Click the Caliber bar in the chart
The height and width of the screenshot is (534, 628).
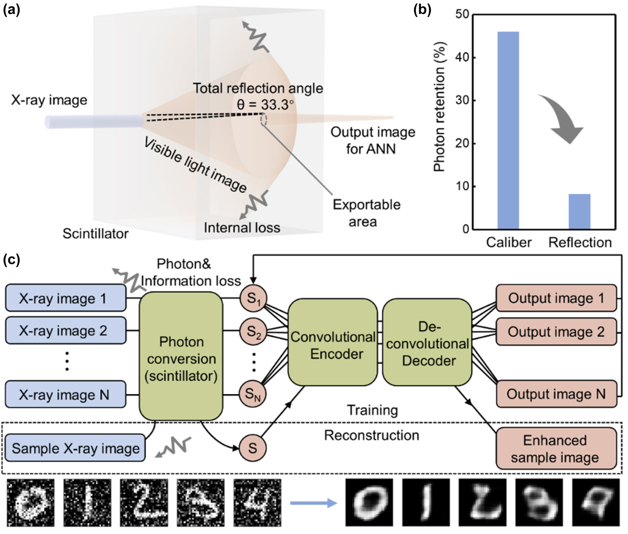point(508,130)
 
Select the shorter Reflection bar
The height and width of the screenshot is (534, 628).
point(580,211)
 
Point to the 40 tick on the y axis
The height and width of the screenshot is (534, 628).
point(463,58)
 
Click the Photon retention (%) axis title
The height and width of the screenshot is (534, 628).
point(440,107)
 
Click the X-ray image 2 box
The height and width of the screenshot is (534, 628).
point(66,330)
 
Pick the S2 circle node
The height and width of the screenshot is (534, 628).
point(253,331)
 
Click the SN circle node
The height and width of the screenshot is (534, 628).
point(253,394)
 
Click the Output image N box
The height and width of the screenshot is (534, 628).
point(556,394)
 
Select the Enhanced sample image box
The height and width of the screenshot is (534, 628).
point(556,449)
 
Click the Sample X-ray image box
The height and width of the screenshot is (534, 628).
point(75,448)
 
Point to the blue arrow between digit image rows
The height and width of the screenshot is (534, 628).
point(313,503)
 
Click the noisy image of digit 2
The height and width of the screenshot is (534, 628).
point(144,503)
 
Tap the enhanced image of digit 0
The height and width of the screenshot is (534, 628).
point(369,503)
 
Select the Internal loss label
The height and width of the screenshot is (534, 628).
point(242,228)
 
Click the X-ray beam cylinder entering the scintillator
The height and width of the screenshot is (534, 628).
point(94,121)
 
